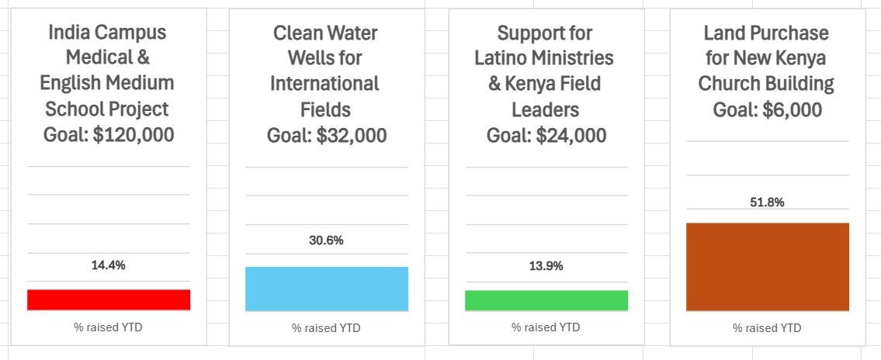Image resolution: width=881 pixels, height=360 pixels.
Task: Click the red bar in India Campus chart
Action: (x=109, y=299)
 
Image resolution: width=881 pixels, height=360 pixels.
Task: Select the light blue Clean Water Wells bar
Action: (x=327, y=289)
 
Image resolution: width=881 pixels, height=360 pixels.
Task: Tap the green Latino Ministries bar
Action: (x=546, y=300)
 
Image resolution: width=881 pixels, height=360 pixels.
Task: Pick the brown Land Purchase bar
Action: (x=768, y=267)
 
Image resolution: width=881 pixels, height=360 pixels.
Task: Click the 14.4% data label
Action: (x=109, y=265)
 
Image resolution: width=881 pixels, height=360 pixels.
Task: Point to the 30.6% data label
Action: (x=327, y=241)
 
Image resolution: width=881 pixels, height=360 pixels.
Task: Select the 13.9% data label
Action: (x=546, y=266)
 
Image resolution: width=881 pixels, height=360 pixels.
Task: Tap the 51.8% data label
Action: (x=767, y=202)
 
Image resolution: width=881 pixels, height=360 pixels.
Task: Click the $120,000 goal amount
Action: (x=134, y=135)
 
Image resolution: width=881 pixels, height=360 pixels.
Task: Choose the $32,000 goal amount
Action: (x=352, y=136)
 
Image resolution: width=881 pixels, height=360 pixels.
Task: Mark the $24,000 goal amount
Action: (x=571, y=136)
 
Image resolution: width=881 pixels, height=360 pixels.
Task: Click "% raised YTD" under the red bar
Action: (x=109, y=327)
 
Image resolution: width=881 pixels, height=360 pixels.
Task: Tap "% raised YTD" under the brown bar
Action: (x=767, y=328)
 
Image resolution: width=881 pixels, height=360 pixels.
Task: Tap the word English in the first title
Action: (x=77, y=84)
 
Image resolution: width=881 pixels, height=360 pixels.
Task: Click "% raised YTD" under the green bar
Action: (x=546, y=327)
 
